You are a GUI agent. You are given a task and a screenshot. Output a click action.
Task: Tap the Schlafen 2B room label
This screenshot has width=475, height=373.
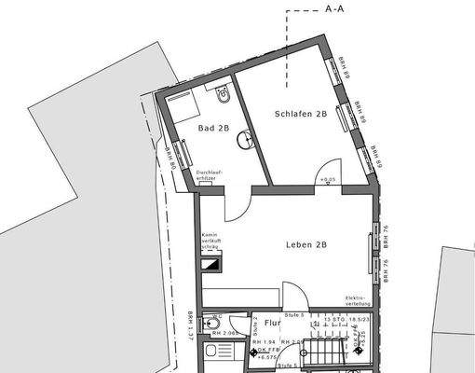(300, 115)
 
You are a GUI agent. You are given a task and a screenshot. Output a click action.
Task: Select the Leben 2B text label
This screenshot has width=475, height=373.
(306, 245)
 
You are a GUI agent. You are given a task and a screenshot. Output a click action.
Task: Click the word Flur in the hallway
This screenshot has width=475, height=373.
(272, 323)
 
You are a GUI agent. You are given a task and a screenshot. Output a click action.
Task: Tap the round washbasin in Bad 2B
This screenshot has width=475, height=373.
(245, 140)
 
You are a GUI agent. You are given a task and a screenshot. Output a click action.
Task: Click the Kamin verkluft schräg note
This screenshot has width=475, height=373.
(209, 241)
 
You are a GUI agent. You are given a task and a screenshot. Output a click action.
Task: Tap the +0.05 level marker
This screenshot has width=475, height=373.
(327, 177)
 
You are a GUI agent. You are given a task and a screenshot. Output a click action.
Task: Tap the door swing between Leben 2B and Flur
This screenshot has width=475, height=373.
(292, 294)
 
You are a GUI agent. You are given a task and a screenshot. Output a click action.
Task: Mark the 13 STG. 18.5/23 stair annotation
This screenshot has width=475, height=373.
(341, 319)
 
